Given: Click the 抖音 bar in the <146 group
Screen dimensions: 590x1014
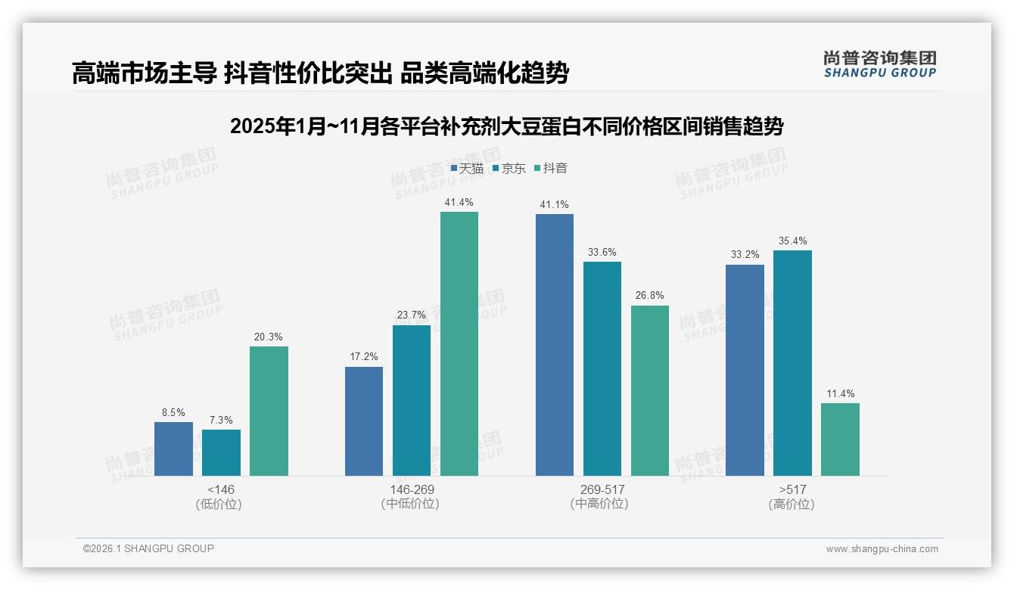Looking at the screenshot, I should [x=269, y=411].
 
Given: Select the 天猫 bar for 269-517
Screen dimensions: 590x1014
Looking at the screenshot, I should [x=555, y=345].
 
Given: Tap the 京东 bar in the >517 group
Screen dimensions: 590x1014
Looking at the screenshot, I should [x=792, y=363].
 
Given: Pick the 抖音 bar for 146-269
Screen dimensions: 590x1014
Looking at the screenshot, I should [x=459, y=343].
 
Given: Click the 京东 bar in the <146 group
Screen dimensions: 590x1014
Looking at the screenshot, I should [x=221, y=452].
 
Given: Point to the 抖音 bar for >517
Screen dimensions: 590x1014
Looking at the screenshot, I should [x=840, y=439].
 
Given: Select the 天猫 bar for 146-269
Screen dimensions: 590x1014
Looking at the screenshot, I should [x=364, y=421].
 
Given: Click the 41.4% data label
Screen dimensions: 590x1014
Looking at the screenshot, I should [x=459, y=202].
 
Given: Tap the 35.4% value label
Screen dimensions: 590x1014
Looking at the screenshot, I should [x=792, y=241].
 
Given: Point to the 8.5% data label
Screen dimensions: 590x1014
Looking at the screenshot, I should [x=173, y=413].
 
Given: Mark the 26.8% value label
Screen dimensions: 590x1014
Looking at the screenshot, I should [x=650, y=296].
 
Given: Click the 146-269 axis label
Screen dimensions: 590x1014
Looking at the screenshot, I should [x=412, y=489].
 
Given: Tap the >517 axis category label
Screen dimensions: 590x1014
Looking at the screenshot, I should [x=792, y=489].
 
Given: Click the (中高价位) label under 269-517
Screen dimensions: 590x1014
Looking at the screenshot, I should [x=602, y=504].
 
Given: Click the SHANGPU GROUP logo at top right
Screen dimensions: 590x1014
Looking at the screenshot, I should [x=879, y=64].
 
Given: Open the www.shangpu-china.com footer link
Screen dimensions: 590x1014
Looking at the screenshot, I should [x=882, y=549].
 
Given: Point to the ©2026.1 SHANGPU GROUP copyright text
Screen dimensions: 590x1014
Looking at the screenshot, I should [x=148, y=548].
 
